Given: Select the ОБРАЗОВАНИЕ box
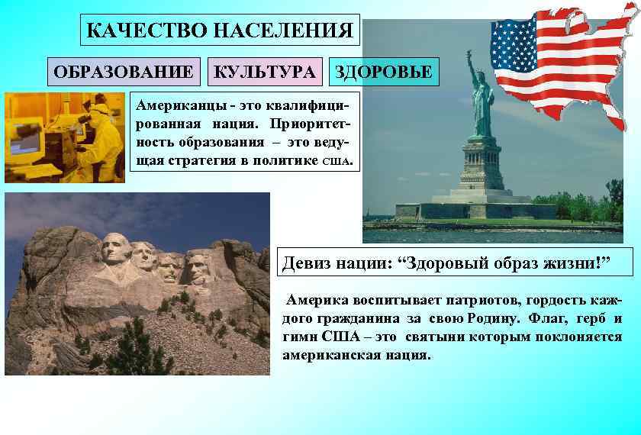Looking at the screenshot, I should [124, 72].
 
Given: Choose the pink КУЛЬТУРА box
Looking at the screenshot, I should [265, 72].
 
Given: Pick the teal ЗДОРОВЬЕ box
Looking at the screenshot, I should [385, 72].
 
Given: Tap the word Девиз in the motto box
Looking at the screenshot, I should [307, 264].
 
